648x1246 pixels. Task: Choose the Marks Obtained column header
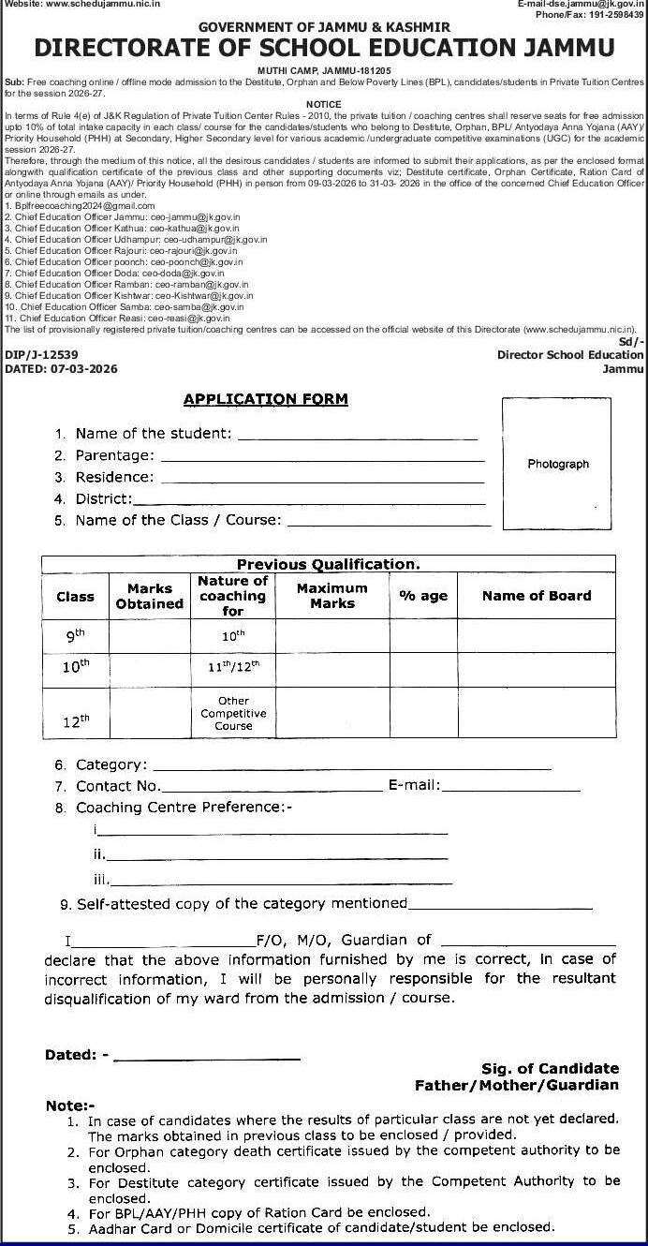(150, 596)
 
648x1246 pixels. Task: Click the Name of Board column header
(537, 596)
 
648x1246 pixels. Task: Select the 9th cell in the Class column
(75, 635)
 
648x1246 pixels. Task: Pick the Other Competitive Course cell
(233, 713)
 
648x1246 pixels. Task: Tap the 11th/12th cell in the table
(233, 668)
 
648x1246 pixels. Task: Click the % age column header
(423, 596)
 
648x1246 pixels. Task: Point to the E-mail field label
(414, 786)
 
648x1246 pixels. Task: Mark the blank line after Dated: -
(207, 1059)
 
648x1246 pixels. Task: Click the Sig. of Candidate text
(550, 1068)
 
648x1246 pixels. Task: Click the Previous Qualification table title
(328, 564)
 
